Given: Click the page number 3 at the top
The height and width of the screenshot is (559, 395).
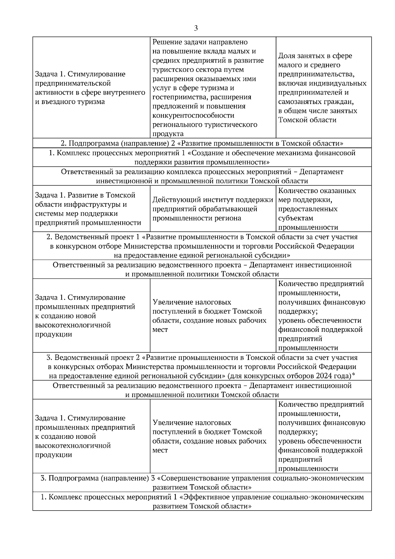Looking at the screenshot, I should [196, 28].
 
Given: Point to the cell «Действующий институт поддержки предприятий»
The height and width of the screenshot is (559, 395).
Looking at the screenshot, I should [213, 209].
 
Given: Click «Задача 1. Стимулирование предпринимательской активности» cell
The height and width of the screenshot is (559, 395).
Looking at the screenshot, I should [90, 88].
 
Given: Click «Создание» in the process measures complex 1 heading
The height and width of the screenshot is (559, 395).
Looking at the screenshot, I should [207, 153].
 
